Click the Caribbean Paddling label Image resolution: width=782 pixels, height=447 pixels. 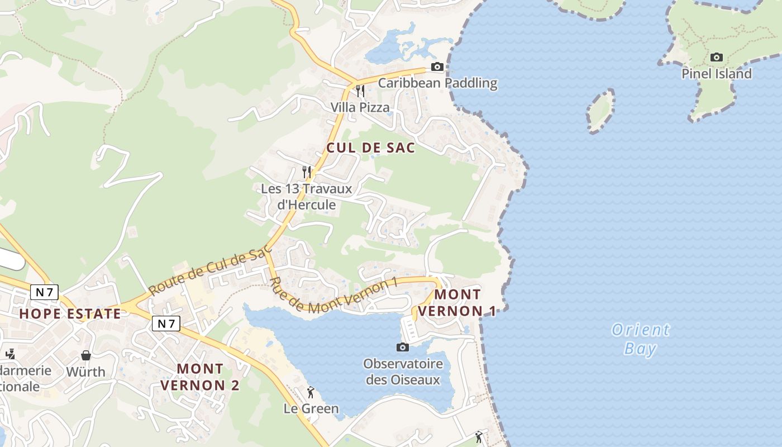coord(437,83)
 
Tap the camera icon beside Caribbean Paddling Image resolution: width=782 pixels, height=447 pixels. coord(437,67)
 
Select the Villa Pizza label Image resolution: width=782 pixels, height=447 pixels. coord(360,107)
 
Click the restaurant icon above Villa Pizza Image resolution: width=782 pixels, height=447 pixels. coord(360,91)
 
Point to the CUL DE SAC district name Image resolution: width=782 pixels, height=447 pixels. coord(370,148)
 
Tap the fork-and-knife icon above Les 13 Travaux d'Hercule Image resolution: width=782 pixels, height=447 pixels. coord(306,172)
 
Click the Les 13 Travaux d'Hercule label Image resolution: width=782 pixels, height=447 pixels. coord(307,197)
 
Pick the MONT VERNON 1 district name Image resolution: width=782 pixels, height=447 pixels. coord(457,302)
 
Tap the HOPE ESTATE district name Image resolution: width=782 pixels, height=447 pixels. coord(70,313)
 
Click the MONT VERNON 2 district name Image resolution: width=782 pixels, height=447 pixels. coord(200,377)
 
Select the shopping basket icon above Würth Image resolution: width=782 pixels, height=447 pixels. coord(86,355)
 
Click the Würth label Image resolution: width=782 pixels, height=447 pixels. coord(85,372)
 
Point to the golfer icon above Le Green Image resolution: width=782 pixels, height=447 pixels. coord(311,392)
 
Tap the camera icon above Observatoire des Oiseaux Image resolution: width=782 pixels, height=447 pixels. coord(402,348)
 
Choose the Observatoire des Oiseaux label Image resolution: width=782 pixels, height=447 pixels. coord(403,372)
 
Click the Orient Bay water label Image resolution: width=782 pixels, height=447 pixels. coord(640,339)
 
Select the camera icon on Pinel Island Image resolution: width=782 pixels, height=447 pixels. coord(716,57)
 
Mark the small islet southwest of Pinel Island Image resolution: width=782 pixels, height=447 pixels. coord(600,111)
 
